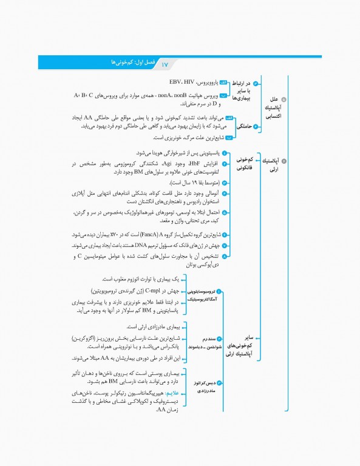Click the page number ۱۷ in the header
(x=164, y=63)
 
